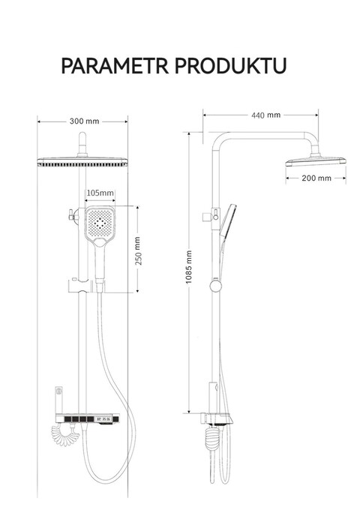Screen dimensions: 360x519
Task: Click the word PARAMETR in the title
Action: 115,65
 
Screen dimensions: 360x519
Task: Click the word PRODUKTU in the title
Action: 230,65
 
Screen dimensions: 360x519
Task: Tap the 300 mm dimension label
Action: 84,121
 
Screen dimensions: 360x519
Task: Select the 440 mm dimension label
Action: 265,115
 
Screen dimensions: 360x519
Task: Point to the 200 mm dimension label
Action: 316,178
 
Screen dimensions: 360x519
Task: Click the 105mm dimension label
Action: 100,193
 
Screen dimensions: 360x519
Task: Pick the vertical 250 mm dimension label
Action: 138,250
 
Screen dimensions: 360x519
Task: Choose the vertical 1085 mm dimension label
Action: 188,267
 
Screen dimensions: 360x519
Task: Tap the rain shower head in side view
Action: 316,160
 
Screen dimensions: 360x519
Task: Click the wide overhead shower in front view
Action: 82,162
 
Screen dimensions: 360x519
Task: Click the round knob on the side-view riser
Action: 216,286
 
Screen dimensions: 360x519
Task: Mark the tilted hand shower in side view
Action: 228,221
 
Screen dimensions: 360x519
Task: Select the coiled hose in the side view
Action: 212,439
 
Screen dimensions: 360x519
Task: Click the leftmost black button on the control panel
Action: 67,419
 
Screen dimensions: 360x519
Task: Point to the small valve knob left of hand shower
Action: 73,214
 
